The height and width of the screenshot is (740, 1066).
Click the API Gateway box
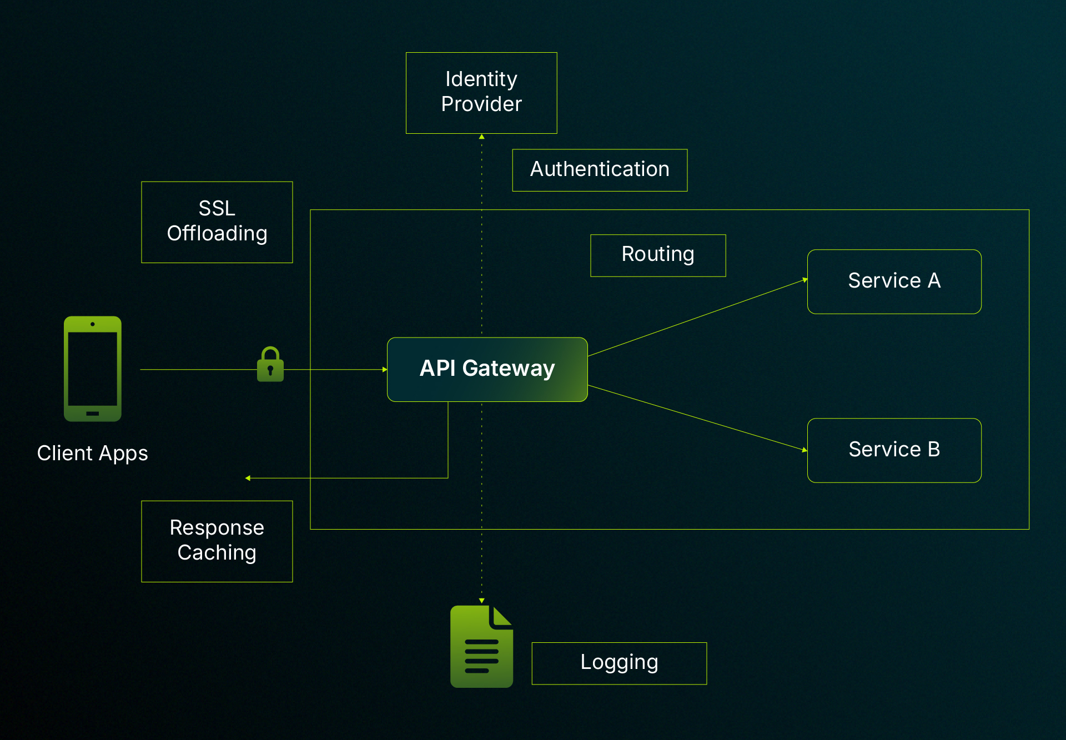click(x=487, y=369)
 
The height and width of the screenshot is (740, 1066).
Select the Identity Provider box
click(x=481, y=93)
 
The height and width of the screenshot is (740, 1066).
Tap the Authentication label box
click(x=600, y=170)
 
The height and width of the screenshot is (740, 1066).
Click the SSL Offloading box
click(x=217, y=222)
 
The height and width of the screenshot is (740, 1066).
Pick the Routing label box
click(x=658, y=255)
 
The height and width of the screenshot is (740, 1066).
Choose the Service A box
click(x=894, y=281)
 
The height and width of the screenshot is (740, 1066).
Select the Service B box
click(x=894, y=450)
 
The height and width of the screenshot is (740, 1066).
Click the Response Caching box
click(x=217, y=541)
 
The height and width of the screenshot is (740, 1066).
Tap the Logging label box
click(x=619, y=663)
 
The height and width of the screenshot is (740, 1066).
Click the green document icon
click(x=481, y=647)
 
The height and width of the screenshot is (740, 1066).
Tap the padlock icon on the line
click(x=270, y=365)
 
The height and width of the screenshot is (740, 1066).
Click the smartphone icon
click(x=93, y=369)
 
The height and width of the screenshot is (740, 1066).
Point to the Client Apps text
click(x=93, y=454)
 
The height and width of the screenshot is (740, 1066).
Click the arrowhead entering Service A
click(x=804, y=280)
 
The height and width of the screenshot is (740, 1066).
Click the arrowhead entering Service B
click(x=804, y=450)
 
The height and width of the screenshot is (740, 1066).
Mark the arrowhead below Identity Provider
click(x=481, y=137)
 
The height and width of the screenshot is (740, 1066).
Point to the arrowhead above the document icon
click(x=481, y=601)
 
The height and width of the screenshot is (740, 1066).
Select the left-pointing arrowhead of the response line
click(x=248, y=478)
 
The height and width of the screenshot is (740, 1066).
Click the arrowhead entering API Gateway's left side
click(x=384, y=369)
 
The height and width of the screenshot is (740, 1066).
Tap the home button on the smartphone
click(x=93, y=414)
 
